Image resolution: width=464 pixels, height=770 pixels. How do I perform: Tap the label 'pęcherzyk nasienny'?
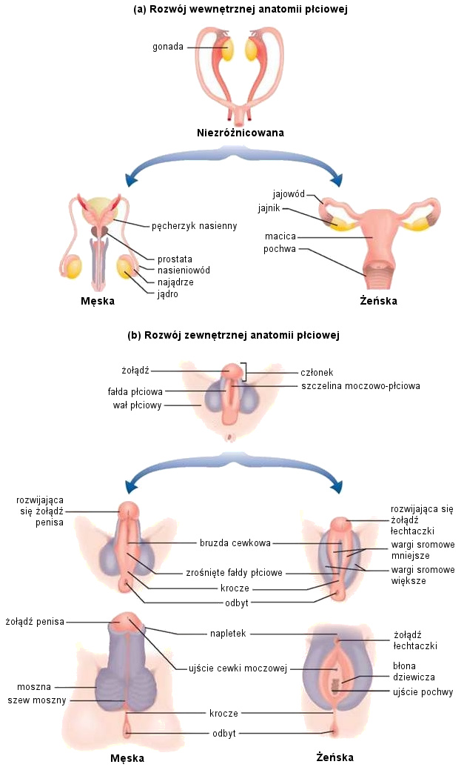pyautogui.click(x=194, y=225)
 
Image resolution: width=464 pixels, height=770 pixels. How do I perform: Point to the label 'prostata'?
pyautogui.click(x=175, y=259)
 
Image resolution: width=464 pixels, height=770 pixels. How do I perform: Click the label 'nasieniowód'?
pyautogui.click(x=184, y=271)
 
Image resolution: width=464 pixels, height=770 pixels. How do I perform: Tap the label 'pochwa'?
pyautogui.click(x=280, y=249)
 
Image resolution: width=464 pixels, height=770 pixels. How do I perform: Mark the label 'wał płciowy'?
pyautogui.click(x=137, y=405)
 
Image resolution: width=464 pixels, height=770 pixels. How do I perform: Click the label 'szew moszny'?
pyautogui.click(x=37, y=700)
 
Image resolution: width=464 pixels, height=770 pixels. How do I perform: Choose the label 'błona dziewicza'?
pyautogui.click(x=414, y=671)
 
